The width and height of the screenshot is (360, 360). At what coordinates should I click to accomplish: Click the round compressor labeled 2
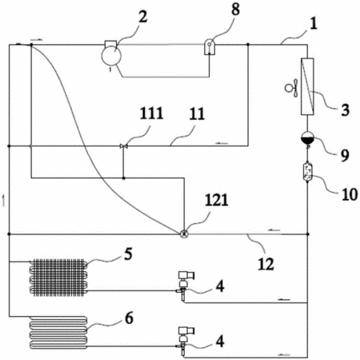point(111,54)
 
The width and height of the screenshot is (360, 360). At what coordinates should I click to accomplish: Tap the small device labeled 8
point(210,47)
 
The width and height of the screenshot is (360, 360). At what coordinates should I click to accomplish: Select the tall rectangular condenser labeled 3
point(307,86)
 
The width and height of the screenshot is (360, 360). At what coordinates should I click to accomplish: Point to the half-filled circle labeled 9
point(307,138)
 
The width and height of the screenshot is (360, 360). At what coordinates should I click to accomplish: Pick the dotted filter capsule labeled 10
point(307,172)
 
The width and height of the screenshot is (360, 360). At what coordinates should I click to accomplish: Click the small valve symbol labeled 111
point(123,146)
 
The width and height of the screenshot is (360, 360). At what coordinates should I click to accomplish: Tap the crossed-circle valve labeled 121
point(184,234)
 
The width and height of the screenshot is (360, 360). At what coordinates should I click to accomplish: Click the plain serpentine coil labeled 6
point(58,333)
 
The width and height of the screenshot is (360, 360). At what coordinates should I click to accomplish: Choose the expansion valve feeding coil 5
point(184,286)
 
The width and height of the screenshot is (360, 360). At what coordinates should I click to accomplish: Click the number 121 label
point(217,200)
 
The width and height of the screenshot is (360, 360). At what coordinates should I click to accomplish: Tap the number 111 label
point(151,113)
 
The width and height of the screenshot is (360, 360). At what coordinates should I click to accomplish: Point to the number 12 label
point(266,264)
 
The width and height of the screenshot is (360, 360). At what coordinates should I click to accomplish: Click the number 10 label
point(350,194)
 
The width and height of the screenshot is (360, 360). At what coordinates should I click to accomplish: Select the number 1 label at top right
point(314,23)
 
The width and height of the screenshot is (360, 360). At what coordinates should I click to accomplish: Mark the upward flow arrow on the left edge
point(3,201)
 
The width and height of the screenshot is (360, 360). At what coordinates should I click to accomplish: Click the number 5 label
point(128,254)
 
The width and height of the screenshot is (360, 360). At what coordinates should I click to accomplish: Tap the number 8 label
point(235,10)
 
